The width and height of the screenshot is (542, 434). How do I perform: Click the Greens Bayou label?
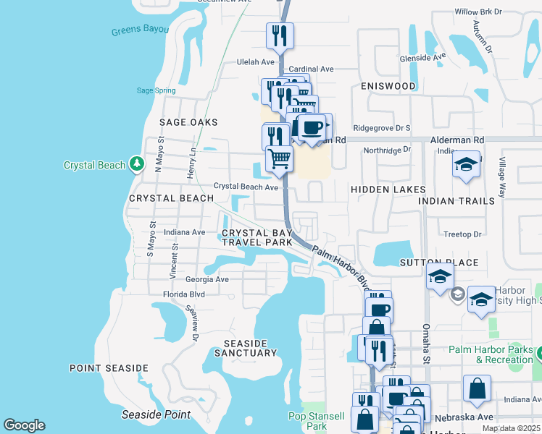(140, 30)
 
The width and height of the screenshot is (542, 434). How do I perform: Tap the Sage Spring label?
(156, 90)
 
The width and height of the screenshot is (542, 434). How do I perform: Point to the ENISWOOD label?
(388, 86)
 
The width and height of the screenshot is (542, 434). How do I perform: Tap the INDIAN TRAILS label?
(456, 200)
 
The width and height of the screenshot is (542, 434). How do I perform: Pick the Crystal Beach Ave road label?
(246, 187)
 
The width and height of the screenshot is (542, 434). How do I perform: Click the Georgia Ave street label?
(207, 279)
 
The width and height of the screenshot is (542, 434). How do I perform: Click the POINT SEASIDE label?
(109, 368)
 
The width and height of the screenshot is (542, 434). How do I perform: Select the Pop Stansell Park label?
(316, 421)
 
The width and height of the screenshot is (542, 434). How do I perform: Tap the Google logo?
(24, 425)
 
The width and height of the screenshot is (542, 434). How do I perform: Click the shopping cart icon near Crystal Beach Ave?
(279, 158)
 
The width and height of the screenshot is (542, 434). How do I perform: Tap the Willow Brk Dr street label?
(478, 12)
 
